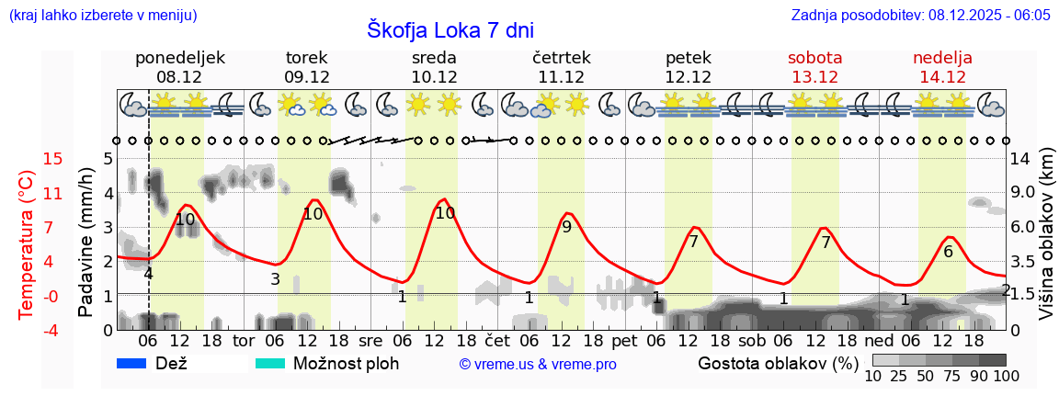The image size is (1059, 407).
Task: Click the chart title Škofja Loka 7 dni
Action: (x=450, y=29)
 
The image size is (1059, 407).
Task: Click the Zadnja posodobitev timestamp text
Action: (x=920, y=15)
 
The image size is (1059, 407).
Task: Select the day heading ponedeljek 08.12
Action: (x=179, y=67)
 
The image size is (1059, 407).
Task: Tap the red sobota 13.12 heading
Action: (x=814, y=67)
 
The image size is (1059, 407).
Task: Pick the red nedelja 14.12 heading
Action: (x=942, y=67)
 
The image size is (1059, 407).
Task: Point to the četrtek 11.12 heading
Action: (x=561, y=67)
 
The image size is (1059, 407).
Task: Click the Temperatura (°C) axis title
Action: (x=27, y=244)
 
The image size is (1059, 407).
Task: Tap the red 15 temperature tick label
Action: (x=28, y=159)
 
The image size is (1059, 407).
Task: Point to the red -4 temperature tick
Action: (x=28, y=330)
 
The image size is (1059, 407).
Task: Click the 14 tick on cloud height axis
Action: (x=1022, y=159)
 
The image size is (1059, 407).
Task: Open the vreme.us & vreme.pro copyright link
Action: (x=538, y=365)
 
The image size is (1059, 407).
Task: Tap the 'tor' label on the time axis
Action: (x=243, y=340)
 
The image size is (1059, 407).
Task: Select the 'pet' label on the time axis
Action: (x=624, y=340)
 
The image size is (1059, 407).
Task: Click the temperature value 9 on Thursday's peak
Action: (x=566, y=227)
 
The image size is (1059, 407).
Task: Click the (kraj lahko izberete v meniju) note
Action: (x=102, y=15)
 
